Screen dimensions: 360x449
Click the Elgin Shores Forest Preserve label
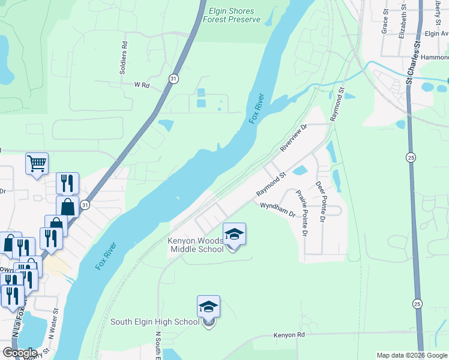coord(232,16)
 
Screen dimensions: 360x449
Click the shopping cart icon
coord(37,163)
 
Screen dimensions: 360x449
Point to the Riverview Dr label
coord(294,139)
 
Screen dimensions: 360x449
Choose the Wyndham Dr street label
coord(277,210)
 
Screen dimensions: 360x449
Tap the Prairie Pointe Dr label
coord(302,213)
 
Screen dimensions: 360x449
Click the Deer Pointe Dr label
coord(321,203)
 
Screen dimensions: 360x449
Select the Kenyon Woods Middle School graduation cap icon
coord(234,234)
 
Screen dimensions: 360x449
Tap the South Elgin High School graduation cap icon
coord(208,307)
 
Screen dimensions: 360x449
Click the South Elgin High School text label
coord(154,322)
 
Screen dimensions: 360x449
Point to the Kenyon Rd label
coord(289,335)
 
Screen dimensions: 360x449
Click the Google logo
coord(19,353)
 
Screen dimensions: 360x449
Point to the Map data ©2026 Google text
coord(412,355)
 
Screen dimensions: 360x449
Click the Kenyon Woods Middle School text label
coord(195,245)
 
